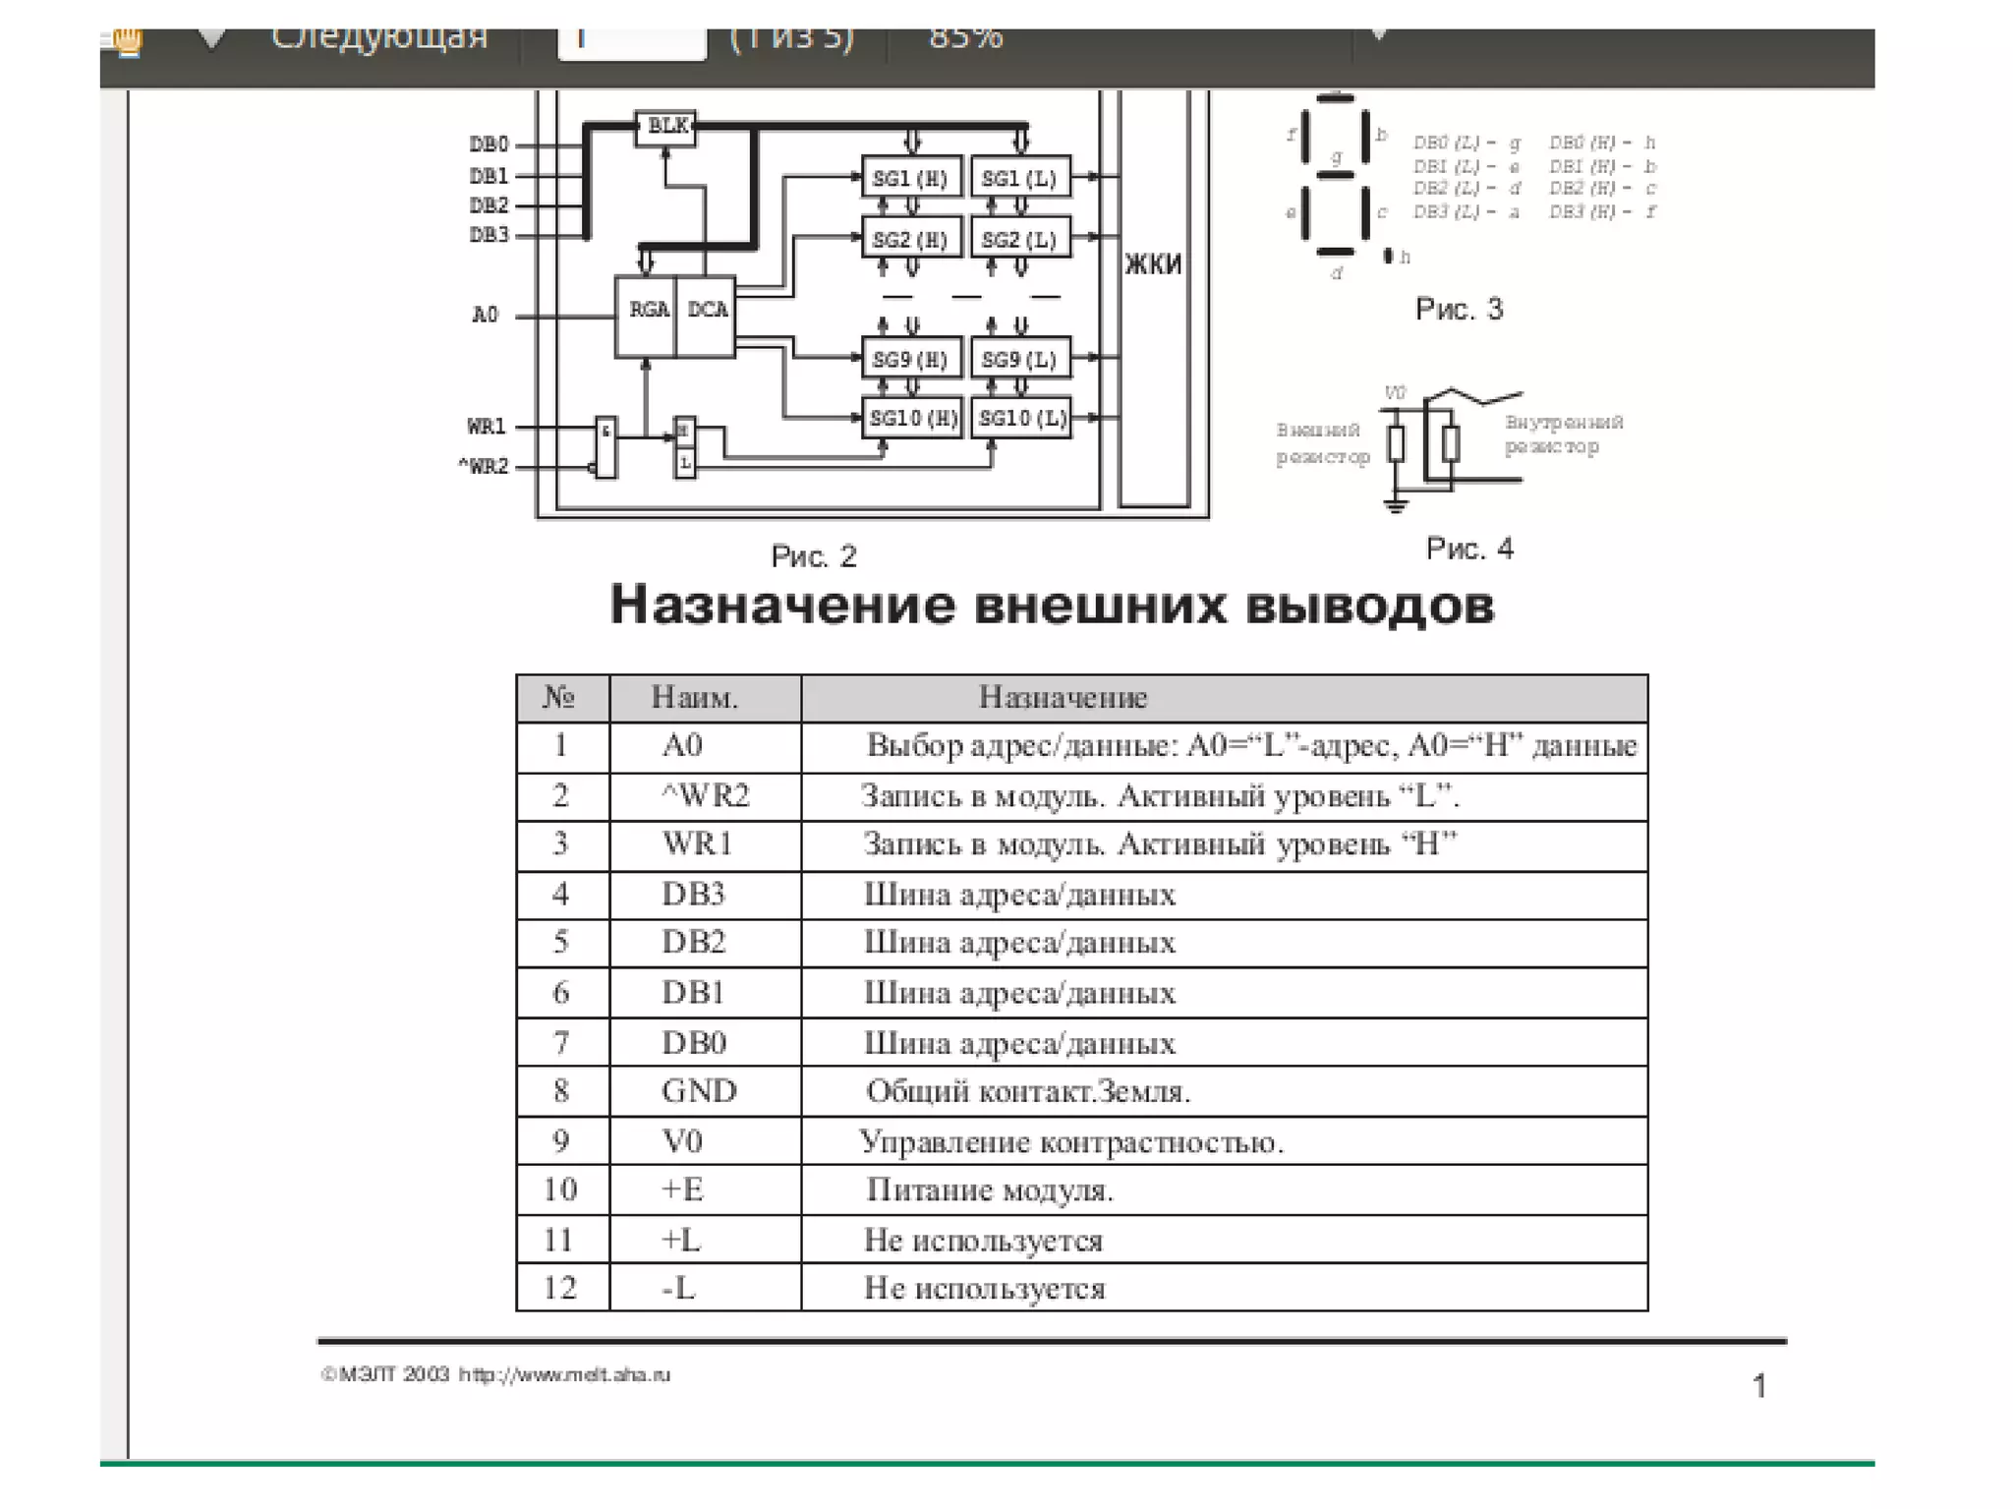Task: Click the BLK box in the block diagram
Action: point(666,126)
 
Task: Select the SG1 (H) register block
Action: point(911,178)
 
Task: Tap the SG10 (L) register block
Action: point(1021,418)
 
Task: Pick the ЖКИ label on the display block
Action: point(1153,263)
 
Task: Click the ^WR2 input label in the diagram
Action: point(484,466)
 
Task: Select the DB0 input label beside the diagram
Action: point(489,145)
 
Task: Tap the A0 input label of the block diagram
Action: point(486,315)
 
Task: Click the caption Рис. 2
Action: point(814,556)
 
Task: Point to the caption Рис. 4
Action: point(1469,549)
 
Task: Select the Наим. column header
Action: point(695,698)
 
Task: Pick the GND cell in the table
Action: point(699,1091)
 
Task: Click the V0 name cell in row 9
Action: point(682,1140)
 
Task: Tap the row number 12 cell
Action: point(560,1288)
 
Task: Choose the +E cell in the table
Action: point(682,1190)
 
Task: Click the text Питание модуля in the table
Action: point(990,1190)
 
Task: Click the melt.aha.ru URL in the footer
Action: point(564,1374)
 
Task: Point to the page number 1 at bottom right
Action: point(1759,1386)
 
